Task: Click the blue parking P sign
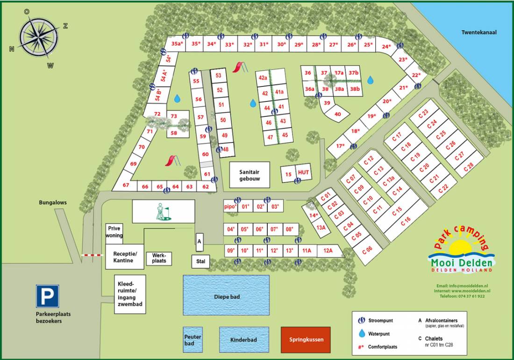point(48,296)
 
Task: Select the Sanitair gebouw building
point(247,175)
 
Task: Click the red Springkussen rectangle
point(306,340)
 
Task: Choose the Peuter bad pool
point(193,340)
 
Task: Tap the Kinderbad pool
point(244,340)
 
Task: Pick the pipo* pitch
point(230,206)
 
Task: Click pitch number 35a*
point(176,43)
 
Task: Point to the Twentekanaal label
point(478,33)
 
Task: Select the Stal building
point(200,262)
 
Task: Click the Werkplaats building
point(159,258)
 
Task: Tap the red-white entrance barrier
point(93,255)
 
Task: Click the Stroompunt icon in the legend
point(361,320)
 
